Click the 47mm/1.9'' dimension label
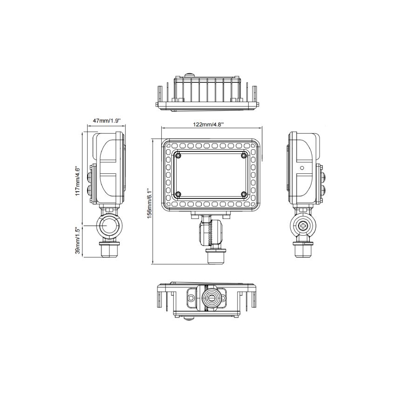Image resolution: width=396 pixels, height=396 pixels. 107,120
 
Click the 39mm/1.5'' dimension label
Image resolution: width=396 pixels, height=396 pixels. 78,240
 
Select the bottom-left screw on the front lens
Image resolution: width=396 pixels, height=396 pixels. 178,194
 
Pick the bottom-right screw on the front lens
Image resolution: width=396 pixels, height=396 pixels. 244,194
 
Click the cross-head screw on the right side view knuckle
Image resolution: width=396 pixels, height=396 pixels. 304,226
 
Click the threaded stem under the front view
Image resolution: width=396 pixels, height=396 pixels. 216,256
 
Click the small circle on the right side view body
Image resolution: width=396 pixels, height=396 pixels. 302,167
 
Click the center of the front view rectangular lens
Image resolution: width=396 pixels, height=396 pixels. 211,175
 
